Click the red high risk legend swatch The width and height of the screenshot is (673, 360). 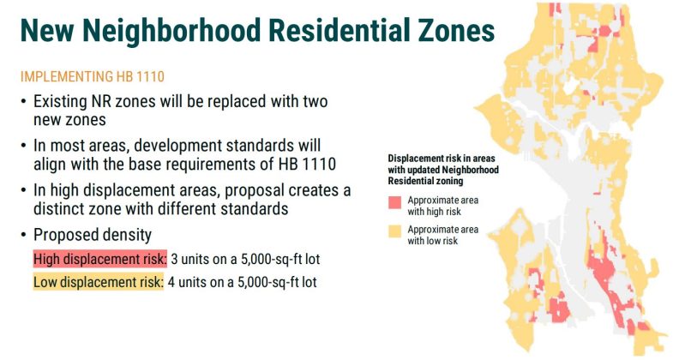[395, 202]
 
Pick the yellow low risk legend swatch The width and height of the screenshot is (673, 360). [395, 231]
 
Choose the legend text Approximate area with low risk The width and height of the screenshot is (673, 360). [442, 235]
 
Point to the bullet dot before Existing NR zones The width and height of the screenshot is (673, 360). [23, 101]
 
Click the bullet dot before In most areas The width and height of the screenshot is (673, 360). [23, 146]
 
